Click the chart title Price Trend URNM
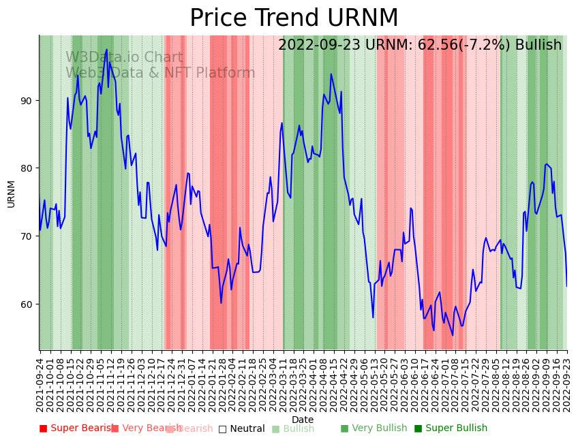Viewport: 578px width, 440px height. coord(294,18)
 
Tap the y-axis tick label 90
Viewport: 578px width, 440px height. coord(26,101)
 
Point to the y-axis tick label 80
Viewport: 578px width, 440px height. coord(26,168)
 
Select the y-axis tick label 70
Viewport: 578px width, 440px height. coord(26,236)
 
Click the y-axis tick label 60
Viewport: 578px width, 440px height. coord(26,304)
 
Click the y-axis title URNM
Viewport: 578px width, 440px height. coord(11,193)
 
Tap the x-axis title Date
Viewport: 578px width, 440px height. coord(303,420)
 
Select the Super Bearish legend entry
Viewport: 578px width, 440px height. coord(76,428)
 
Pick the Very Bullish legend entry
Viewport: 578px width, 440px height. coord(374,428)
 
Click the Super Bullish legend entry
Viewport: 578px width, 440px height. coord(451,428)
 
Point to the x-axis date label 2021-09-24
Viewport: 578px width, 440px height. coord(40,383)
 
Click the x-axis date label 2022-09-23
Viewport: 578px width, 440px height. coord(566,383)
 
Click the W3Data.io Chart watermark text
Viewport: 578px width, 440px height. coord(124,58)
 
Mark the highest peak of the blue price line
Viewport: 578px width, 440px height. coord(106,50)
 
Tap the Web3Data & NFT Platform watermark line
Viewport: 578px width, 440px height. coord(160,73)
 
